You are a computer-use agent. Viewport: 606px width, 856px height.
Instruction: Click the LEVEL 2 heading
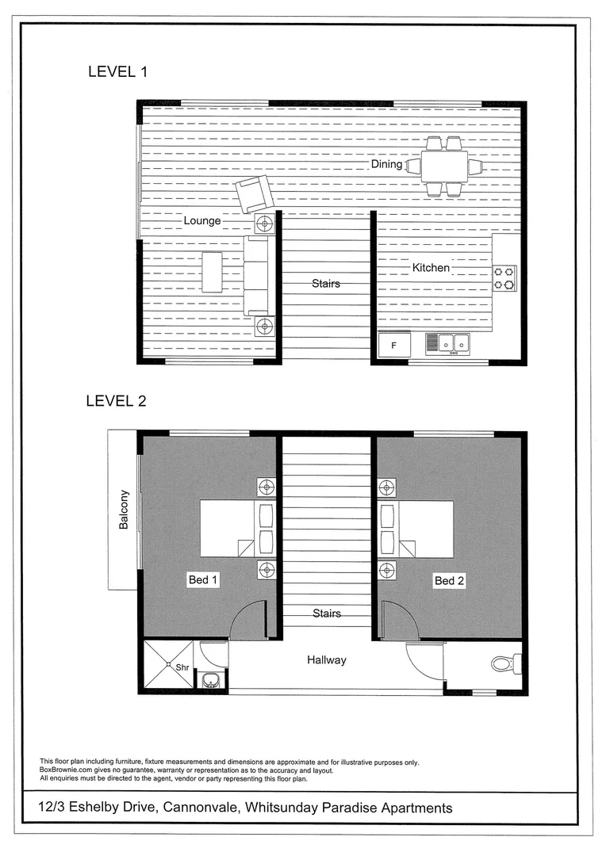coord(116,401)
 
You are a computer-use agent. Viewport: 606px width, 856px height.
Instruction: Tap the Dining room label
coord(387,164)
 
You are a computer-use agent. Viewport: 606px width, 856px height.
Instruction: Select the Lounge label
coord(202,220)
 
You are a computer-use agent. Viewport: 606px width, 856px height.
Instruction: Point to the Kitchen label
coord(431,268)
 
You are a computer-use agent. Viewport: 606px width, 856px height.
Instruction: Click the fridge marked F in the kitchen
coord(394,346)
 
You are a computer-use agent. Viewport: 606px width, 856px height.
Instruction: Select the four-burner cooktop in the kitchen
coord(504,278)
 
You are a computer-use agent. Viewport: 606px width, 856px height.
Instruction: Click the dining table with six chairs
coord(444,166)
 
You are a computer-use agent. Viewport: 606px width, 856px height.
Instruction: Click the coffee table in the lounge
coord(213,272)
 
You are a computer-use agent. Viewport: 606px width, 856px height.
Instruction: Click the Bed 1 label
coord(203,580)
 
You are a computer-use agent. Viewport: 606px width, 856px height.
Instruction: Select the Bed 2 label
coord(449,581)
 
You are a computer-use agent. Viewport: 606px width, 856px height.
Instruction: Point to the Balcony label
coord(124,510)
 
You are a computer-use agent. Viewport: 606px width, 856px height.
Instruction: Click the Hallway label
coord(327,659)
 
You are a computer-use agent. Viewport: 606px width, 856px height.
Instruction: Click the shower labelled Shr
coord(168,666)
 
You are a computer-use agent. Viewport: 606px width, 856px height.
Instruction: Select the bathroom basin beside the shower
coord(210,680)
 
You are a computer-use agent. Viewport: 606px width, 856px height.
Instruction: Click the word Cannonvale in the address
coord(201,808)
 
